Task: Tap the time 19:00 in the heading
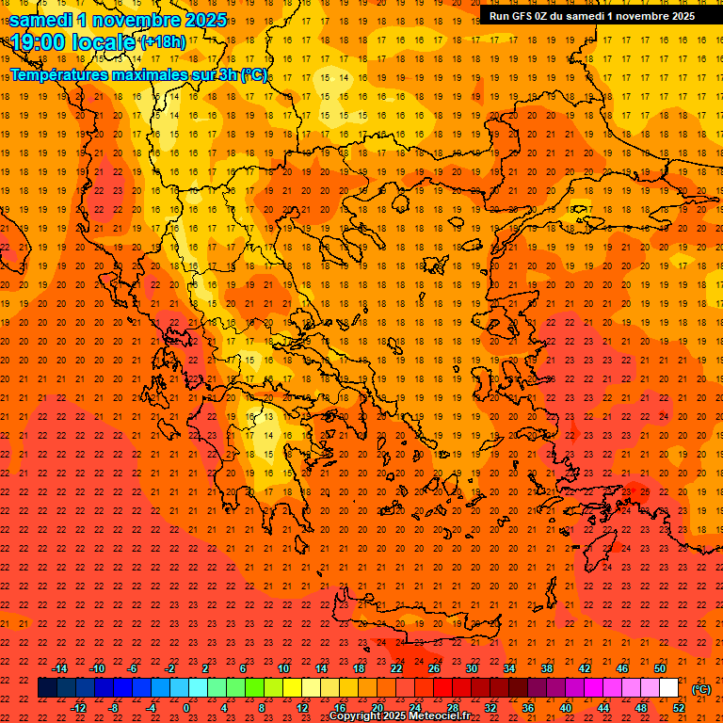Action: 39,42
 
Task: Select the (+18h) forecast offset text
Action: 163,42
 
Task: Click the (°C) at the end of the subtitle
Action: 255,74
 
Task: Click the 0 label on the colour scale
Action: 186,708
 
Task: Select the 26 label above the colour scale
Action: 434,668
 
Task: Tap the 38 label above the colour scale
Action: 547,668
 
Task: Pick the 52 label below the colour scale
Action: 679,708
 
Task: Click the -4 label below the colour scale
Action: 151,708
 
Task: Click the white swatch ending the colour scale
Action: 669,688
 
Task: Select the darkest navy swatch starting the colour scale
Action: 47,688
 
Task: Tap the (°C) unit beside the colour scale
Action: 701,689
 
